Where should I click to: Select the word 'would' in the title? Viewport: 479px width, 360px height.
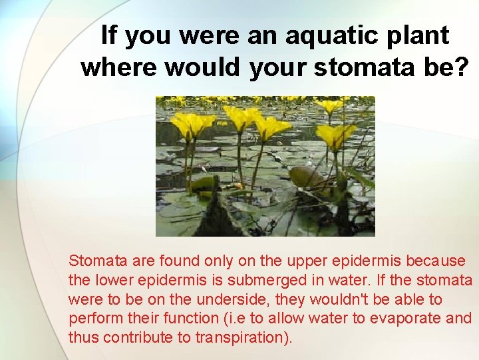(204, 67)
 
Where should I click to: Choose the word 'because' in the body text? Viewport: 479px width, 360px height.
(436, 261)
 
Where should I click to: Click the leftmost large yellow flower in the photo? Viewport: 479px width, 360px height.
(192, 124)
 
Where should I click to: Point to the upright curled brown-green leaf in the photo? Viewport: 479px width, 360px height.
(307, 177)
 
